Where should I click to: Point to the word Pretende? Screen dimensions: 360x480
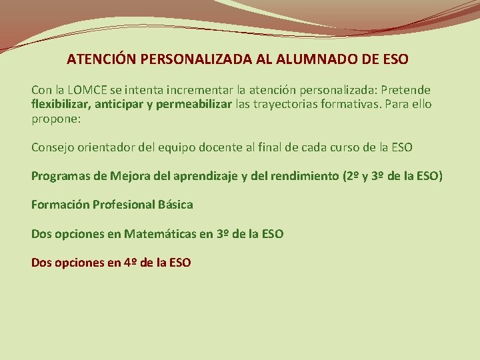tap(407, 89)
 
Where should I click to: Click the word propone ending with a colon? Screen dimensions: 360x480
tap(56, 119)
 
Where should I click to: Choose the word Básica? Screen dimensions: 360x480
tap(175, 205)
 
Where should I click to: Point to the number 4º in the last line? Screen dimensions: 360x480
tap(131, 262)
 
